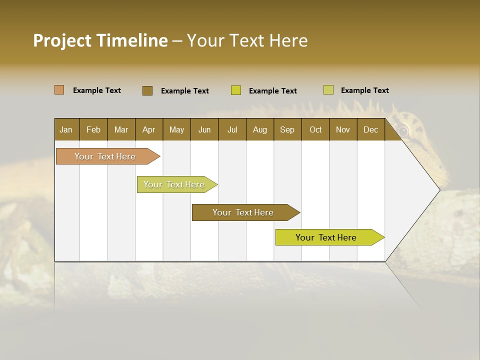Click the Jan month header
coord(66,129)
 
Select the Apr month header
coord(149,129)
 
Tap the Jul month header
coord(232,129)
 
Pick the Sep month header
coord(287,129)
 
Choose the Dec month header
coord(370,129)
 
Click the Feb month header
coord(93,129)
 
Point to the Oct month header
coord(315,129)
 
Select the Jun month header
coord(204,129)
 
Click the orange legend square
coord(59,90)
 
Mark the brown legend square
coord(147,90)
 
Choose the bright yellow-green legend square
coord(236,90)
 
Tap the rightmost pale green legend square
coord(328,90)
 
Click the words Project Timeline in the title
coord(100,40)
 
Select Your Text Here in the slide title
coord(247,40)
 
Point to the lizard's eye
coord(403,131)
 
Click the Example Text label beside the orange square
coord(97,90)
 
